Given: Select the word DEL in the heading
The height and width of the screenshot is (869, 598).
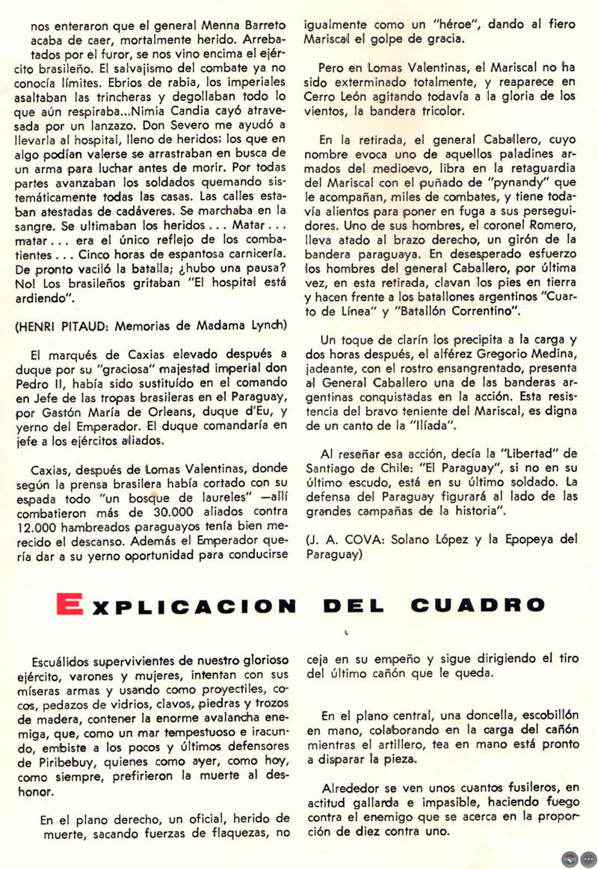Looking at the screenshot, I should pyautogui.click(x=358, y=604).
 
